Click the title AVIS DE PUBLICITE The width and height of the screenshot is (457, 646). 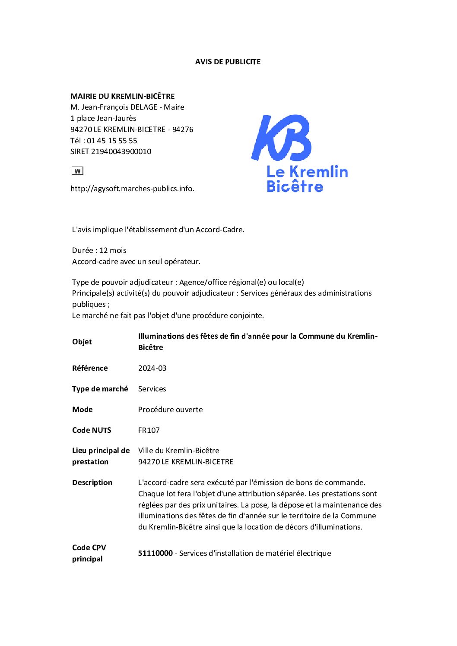pyautogui.click(x=228, y=62)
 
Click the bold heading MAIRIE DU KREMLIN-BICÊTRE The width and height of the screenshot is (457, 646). pyautogui.click(x=123, y=96)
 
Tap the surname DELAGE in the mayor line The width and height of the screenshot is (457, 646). pyautogui.click(x=144, y=107)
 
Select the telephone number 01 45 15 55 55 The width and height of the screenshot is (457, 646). pyautogui.click(x=112, y=141)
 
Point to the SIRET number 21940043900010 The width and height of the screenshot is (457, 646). pyautogui.click(x=121, y=151)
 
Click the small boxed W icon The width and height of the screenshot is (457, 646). pyautogui.click(x=77, y=171)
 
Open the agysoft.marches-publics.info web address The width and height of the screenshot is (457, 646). pyautogui.click(x=132, y=189)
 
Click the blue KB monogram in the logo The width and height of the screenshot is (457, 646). pyautogui.click(x=281, y=138)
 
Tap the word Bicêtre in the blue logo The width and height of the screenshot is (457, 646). pyautogui.click(x=295, y=186)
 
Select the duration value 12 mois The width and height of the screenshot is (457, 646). pyautogui.click(x=113, y=250)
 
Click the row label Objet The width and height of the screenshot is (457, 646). pyautogui.click(x=82, y=342)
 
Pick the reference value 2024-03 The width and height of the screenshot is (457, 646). pyautogui.click(x=152, y=368)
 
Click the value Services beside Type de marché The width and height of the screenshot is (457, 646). pyautogui.click(x=152, y=389)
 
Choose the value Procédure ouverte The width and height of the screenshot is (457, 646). pyautogui.click(x=170, y=410)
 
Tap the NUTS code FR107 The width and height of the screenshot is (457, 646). pyautogui.click(x=149, y=430)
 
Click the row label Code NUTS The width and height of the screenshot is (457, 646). pyautogui.click(x=92, y=430)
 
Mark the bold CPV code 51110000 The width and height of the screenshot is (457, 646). pyautogui.click(x=156, y=553)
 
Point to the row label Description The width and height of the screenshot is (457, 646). pyautogui.click(x=92, y=482)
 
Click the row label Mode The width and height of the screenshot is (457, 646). pyautogui.click(x=83, y=410)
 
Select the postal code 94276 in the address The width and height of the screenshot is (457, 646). pyautogui.click(x=183, y=129)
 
